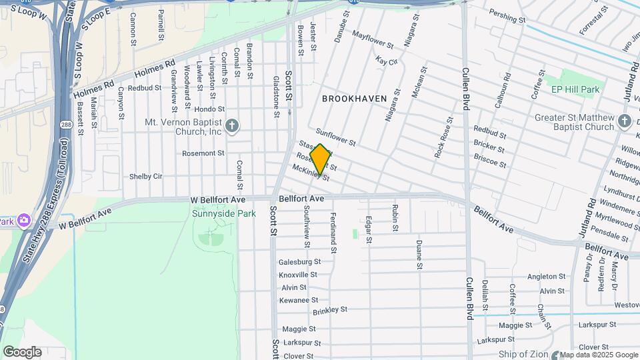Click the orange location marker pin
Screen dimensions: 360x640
pos(320,159)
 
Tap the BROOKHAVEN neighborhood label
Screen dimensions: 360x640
pos(354,99)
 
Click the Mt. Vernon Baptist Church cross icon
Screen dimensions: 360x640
pos(232,126)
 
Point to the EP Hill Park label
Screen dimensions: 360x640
pos(575,89)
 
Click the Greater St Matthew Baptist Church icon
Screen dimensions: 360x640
pos(624,121)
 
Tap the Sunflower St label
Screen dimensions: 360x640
pos(337,137)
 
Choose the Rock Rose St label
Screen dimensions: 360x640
pos(444,138)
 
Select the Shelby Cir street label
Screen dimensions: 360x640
pos(146,177)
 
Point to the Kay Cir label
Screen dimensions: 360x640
pos(387,61)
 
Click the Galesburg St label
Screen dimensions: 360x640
pos(299,262)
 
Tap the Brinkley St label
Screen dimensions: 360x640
pos(331,310)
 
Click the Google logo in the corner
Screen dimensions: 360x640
pos(22,352)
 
